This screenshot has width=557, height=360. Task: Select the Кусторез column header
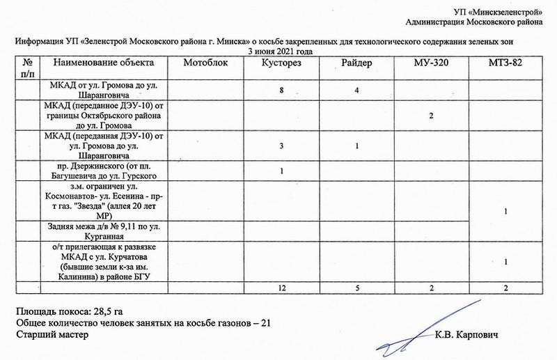(x=282, y=63)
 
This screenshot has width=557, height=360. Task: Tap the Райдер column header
(x=356, y=63)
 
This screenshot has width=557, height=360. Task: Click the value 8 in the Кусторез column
(x=282, y=91)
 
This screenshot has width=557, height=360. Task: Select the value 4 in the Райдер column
(x=356, y=91)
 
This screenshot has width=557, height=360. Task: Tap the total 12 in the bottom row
(x=282, y=286)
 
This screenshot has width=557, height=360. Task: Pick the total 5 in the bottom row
(x=356, y=286)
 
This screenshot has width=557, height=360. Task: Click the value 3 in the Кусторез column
(x=282, y=146)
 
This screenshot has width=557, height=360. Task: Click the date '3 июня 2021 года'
(x=278, y=52)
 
